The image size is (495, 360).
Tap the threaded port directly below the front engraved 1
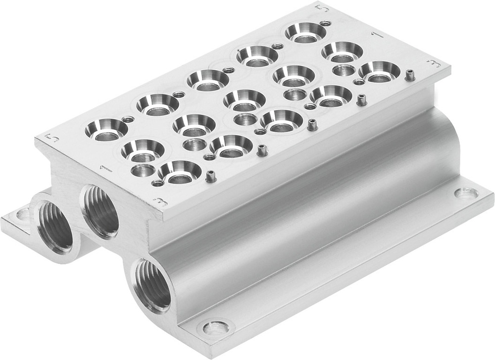click(101, 211)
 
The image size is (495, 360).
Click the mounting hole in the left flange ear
click(23, 215)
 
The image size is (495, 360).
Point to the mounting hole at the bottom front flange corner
click(216, 327)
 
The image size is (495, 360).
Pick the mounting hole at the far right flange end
click(466, 193)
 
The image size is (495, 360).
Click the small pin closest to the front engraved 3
click(211, 175)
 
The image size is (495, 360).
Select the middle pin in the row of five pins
click(312, 124)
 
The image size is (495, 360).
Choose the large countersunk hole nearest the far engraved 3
click(379, 71)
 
